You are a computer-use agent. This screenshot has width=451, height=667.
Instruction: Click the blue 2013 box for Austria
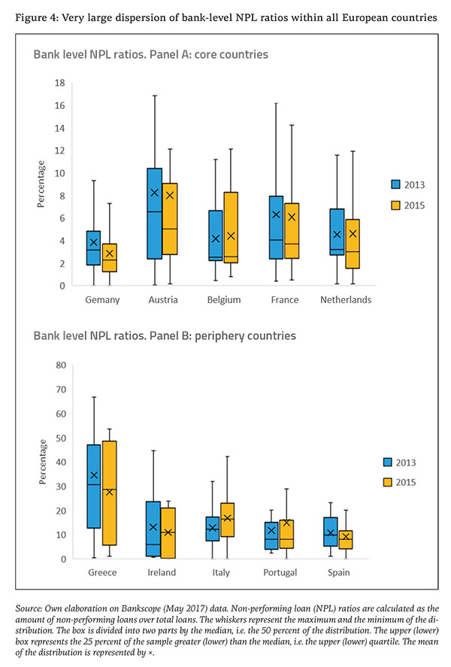pyautogui.click(x=154, y=214)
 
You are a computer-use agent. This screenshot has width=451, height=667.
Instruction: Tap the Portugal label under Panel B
pyautogui.click(x=278, y=572)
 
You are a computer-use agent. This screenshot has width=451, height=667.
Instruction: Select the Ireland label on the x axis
pyautogui.click(x=162, y=572)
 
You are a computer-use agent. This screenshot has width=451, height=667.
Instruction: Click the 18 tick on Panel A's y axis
pyautogui.click(x=59, y=83)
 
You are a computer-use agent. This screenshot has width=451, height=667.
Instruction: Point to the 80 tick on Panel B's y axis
pyautogui.click(x=59, y=365)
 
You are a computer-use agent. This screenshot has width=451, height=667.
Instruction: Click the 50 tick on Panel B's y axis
pyautogui.click(x=59, y=438)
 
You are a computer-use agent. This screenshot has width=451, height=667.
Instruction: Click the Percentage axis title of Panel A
pyautogui.click(x=42, y=183)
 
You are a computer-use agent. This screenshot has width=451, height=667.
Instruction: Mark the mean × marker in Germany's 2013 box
pyautogui.click(x=94, y=242)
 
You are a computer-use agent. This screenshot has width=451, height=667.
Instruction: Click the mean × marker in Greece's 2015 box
pyautogui.click(x=110, y=491)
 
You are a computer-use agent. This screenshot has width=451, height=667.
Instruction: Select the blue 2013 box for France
pyautogui.click(x=275, y=227)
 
